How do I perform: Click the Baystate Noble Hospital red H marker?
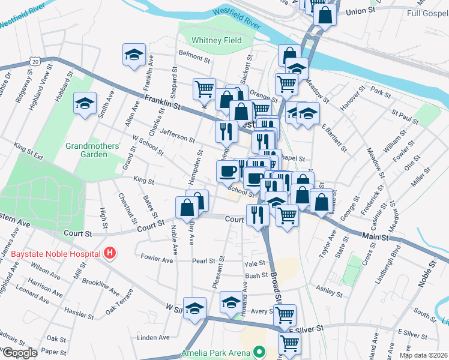[x=109, y=253]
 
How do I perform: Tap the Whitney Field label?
[x=217, y=41]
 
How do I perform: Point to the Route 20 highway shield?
[x=36, y=61]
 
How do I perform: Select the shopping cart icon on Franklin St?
[x=204, y=89]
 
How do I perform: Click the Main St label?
[x=375, y=236]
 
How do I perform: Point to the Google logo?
[x=20, y=353]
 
